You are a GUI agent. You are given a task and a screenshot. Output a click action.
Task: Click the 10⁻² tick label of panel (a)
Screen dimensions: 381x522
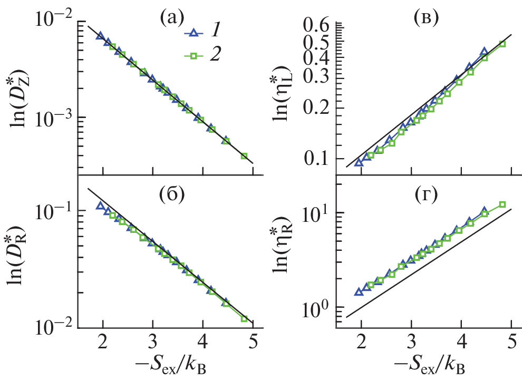(51, 21)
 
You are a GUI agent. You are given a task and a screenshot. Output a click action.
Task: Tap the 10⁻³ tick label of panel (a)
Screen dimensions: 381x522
(51, 116)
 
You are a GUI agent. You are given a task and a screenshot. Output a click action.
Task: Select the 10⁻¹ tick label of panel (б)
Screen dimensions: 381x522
(51, 210)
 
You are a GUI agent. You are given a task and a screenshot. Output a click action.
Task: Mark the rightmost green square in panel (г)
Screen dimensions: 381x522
(502, 204)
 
